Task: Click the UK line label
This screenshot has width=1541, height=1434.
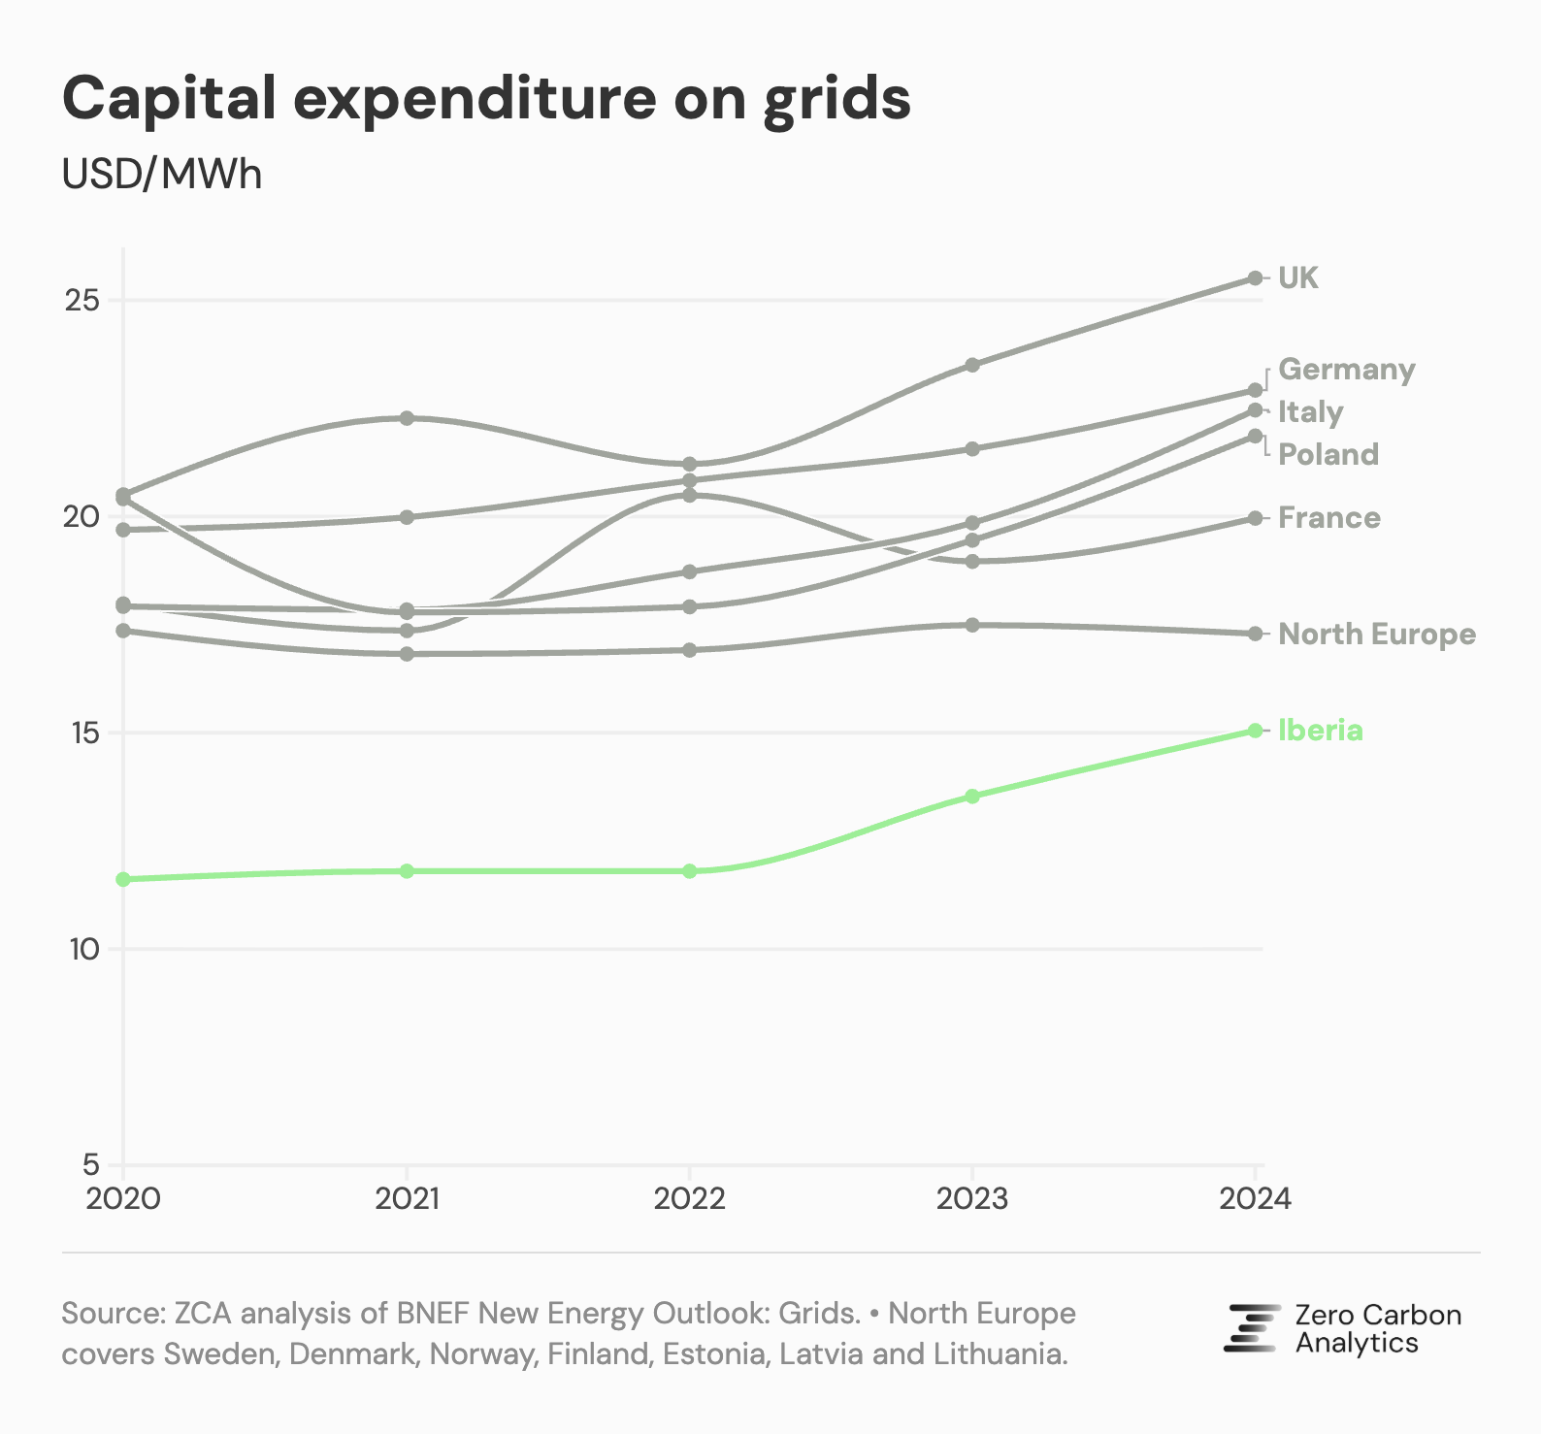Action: tap(1297, 278)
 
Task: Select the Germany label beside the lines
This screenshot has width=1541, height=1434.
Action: tap(1346, 370)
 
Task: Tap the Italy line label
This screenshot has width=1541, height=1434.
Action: tap(1310, 412)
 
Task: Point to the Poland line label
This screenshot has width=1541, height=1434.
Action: tap(1328, 454)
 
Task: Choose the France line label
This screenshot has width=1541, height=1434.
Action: tap(1328, 518)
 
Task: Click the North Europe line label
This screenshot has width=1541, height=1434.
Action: tap(1376, 635)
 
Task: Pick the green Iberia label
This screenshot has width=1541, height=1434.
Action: tap(1320, 731)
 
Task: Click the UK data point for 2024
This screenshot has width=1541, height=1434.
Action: tap(1255, 278)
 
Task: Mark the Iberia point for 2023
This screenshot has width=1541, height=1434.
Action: tap(972, 796)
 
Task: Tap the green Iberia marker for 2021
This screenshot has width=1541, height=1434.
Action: tap(407, 871)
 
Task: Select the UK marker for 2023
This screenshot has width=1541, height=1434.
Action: tap(972, 365)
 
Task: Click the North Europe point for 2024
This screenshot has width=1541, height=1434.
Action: tap(1255, 634)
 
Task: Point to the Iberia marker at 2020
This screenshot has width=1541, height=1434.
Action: tap(123, 879)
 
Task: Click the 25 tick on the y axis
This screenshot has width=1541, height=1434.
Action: tap(82, 301)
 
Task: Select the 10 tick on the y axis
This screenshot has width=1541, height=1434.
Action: tap(84, 949)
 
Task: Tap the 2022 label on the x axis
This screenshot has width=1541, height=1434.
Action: tap(689, 1200)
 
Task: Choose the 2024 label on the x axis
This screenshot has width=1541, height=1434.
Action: tap(1255, 1200)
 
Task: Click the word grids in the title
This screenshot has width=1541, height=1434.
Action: tap(836, 99)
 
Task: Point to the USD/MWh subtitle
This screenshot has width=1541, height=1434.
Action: tap(162, 175)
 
